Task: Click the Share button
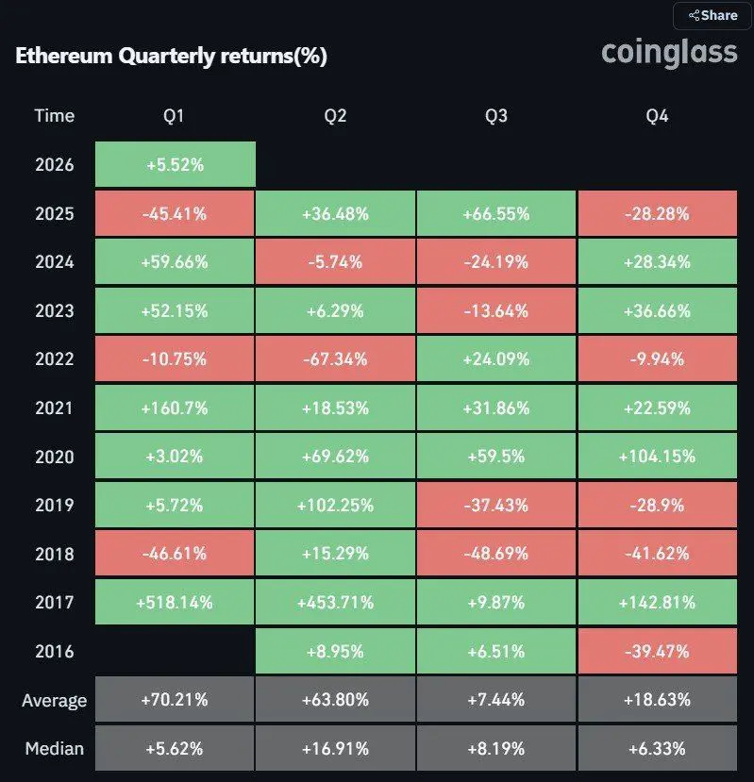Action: pyautogui.click(x=712, y=15)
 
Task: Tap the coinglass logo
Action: pyautogui.click(x=669, y=52)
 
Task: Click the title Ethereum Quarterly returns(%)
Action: pyautogui.click(x=171, y=57)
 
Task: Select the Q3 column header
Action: pyautogui.click(x=495, y=116)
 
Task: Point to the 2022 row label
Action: pyautogui.click(x=54, y=359)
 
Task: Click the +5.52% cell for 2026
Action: pyautogui.click(x=175, y=164)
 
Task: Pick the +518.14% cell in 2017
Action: pyautogui.click(x=175, y=602)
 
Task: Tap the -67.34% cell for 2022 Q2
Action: pyautogui.click(x=335, y=359)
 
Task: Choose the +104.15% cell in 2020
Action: pyautogui.click(x=657, y=457)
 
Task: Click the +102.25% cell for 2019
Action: pyautogui.click(x=335, y=505)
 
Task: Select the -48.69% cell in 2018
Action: pyautogui.click(x=495, y=554)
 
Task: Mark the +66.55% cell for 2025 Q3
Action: pyautogui.click(x=495, y=213)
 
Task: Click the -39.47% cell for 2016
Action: pyautogui.click(x=657, y=651)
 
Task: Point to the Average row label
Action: pyautogui.click(x=54, y=700)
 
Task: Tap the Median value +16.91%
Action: pyautogui.click(x=335, y=749)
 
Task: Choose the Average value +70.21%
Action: pyautogui.click(x=175, y=700)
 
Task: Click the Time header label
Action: pyautogui.click(x=54, y=116)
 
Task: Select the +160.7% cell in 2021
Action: pyautogui.click(x=175, y=408)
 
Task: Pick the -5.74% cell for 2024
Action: pyautogui.click(x=335, y=261)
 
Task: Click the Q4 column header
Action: pyautogui.click(x=657, y=116)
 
